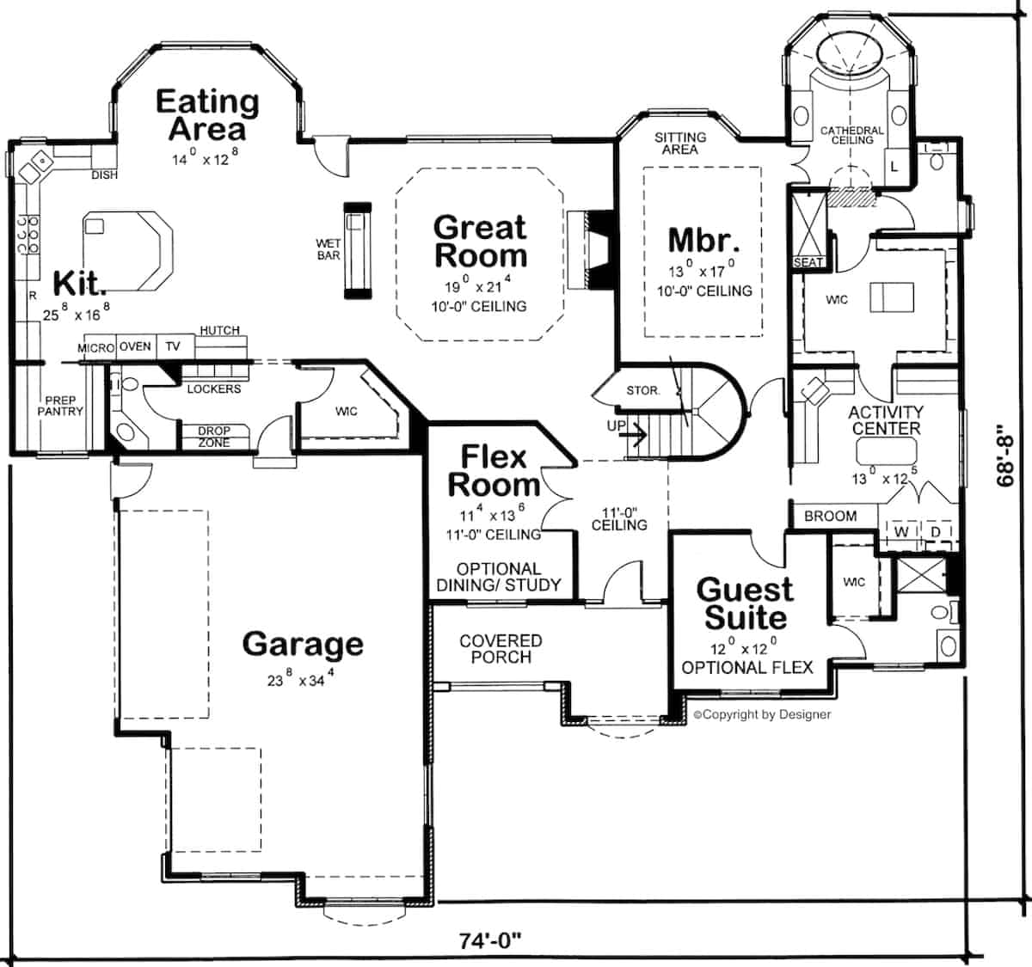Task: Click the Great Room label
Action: pos(480,242)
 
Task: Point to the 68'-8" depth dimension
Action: pos(1005,456)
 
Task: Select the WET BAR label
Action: pos(329,249)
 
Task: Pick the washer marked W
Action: pos(901,532)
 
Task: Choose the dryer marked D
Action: pos(936,532)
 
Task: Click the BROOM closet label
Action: pos(831,516)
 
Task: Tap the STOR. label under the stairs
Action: pos(642,390)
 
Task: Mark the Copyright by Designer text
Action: pos(762,714)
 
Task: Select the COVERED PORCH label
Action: pos(501,649)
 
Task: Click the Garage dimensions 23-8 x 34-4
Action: pos(301,677)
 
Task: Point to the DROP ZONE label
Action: pos(214,437)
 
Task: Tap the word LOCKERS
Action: pos(214,389)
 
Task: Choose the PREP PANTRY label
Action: pos(60,406)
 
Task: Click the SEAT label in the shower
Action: pos(808,262)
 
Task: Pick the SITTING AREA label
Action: pos(680,144)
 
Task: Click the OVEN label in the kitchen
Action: pos(135,346)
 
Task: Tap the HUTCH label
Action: pos(220,330)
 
